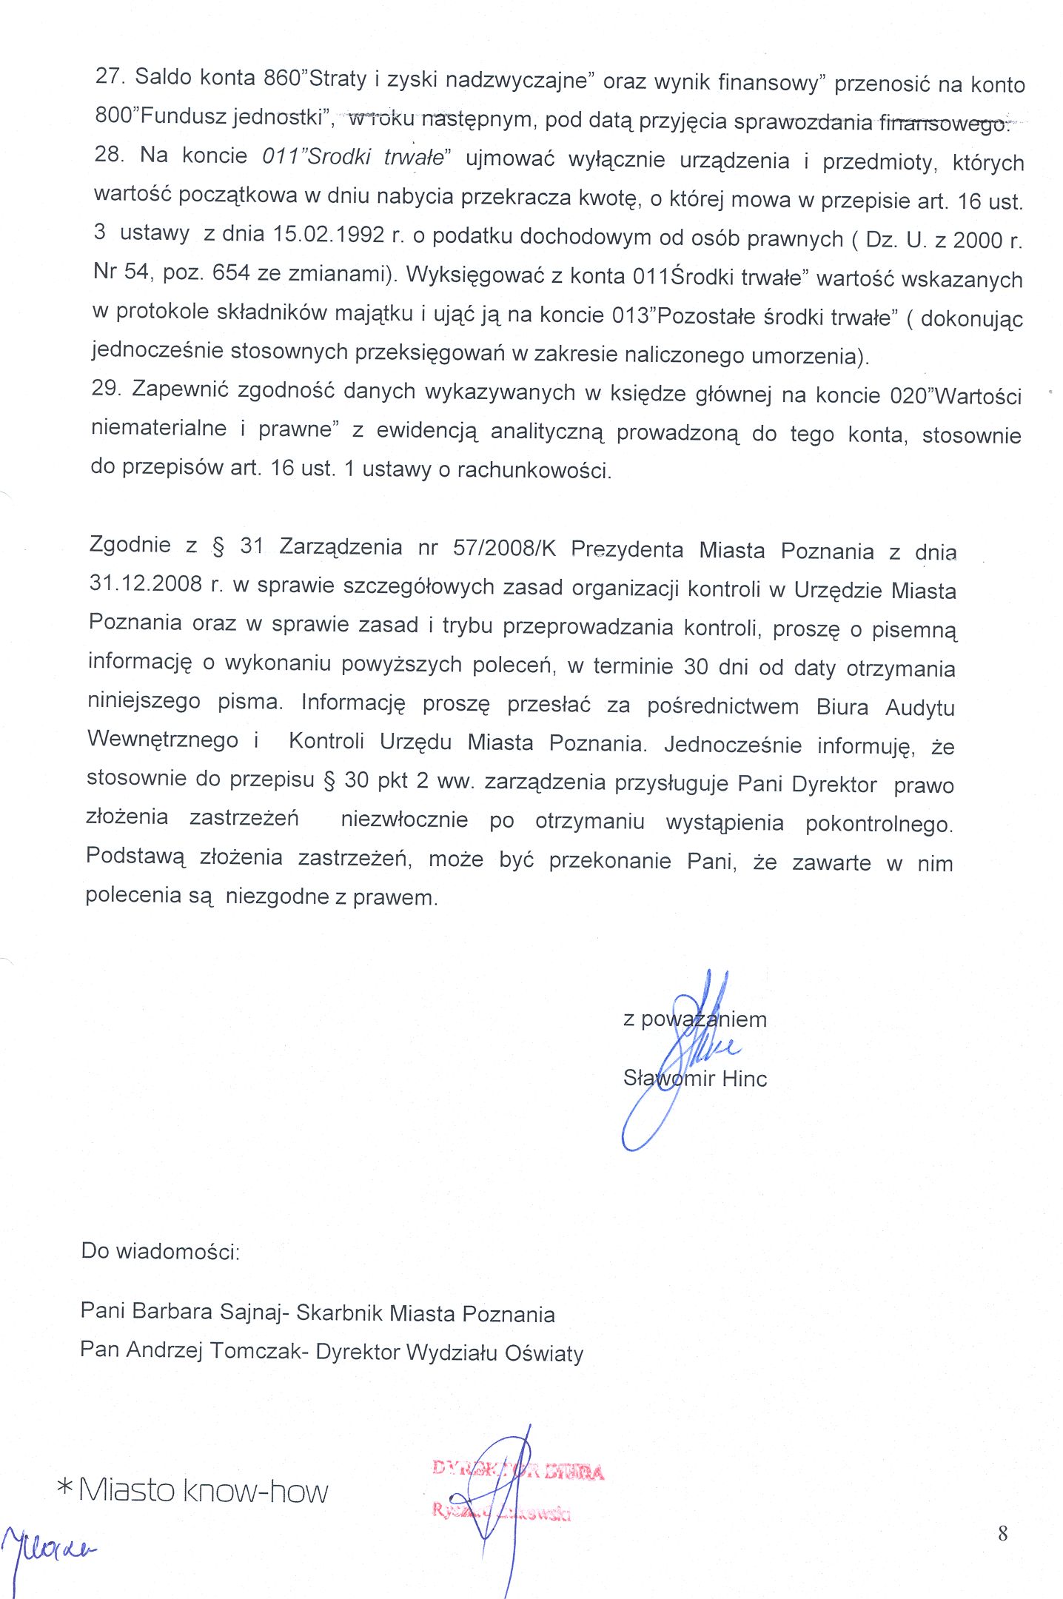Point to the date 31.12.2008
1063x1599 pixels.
coord(145,583)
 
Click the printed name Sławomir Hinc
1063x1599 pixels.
coord(694,1079)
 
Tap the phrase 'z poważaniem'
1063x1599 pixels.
coord(694,1019)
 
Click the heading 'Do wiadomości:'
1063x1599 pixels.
coord(161,1251)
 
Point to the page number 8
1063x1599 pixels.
coord(1003,1532)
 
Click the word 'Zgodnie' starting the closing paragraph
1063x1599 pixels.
coord(130,545)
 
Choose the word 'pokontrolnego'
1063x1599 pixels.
coord(879,824)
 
